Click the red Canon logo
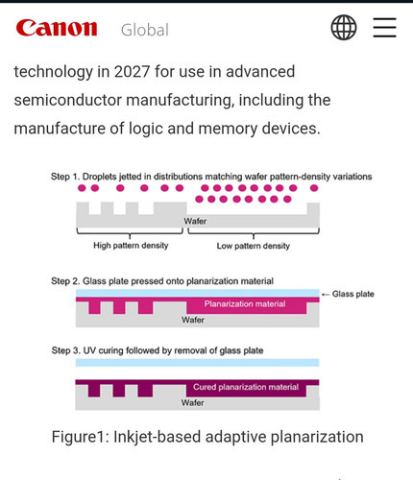click(x=57, y=28)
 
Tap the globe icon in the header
click(x=344, y=27)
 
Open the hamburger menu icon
click(x=385, y=28)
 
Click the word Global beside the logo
click(x=145, y=30)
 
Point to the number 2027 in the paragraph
click(x=132, y=71)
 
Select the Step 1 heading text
click(x=211, y=177)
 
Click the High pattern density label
click(x=131, y=246)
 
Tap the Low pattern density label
click(x=254, y=246)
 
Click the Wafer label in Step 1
click(x=195, y=221)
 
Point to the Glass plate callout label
click(x=353, y=294)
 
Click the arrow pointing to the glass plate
click(x=326, y=295)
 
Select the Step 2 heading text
click(x=162, y=281)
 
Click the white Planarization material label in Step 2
click(x=245, y=303)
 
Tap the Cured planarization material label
click(x=246, y=387)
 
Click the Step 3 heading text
click(x=158, y=350)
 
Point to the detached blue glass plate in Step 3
click(x=197, y=363)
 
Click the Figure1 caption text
click(x=207, y=437)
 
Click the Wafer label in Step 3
click(x=192, y=402)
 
